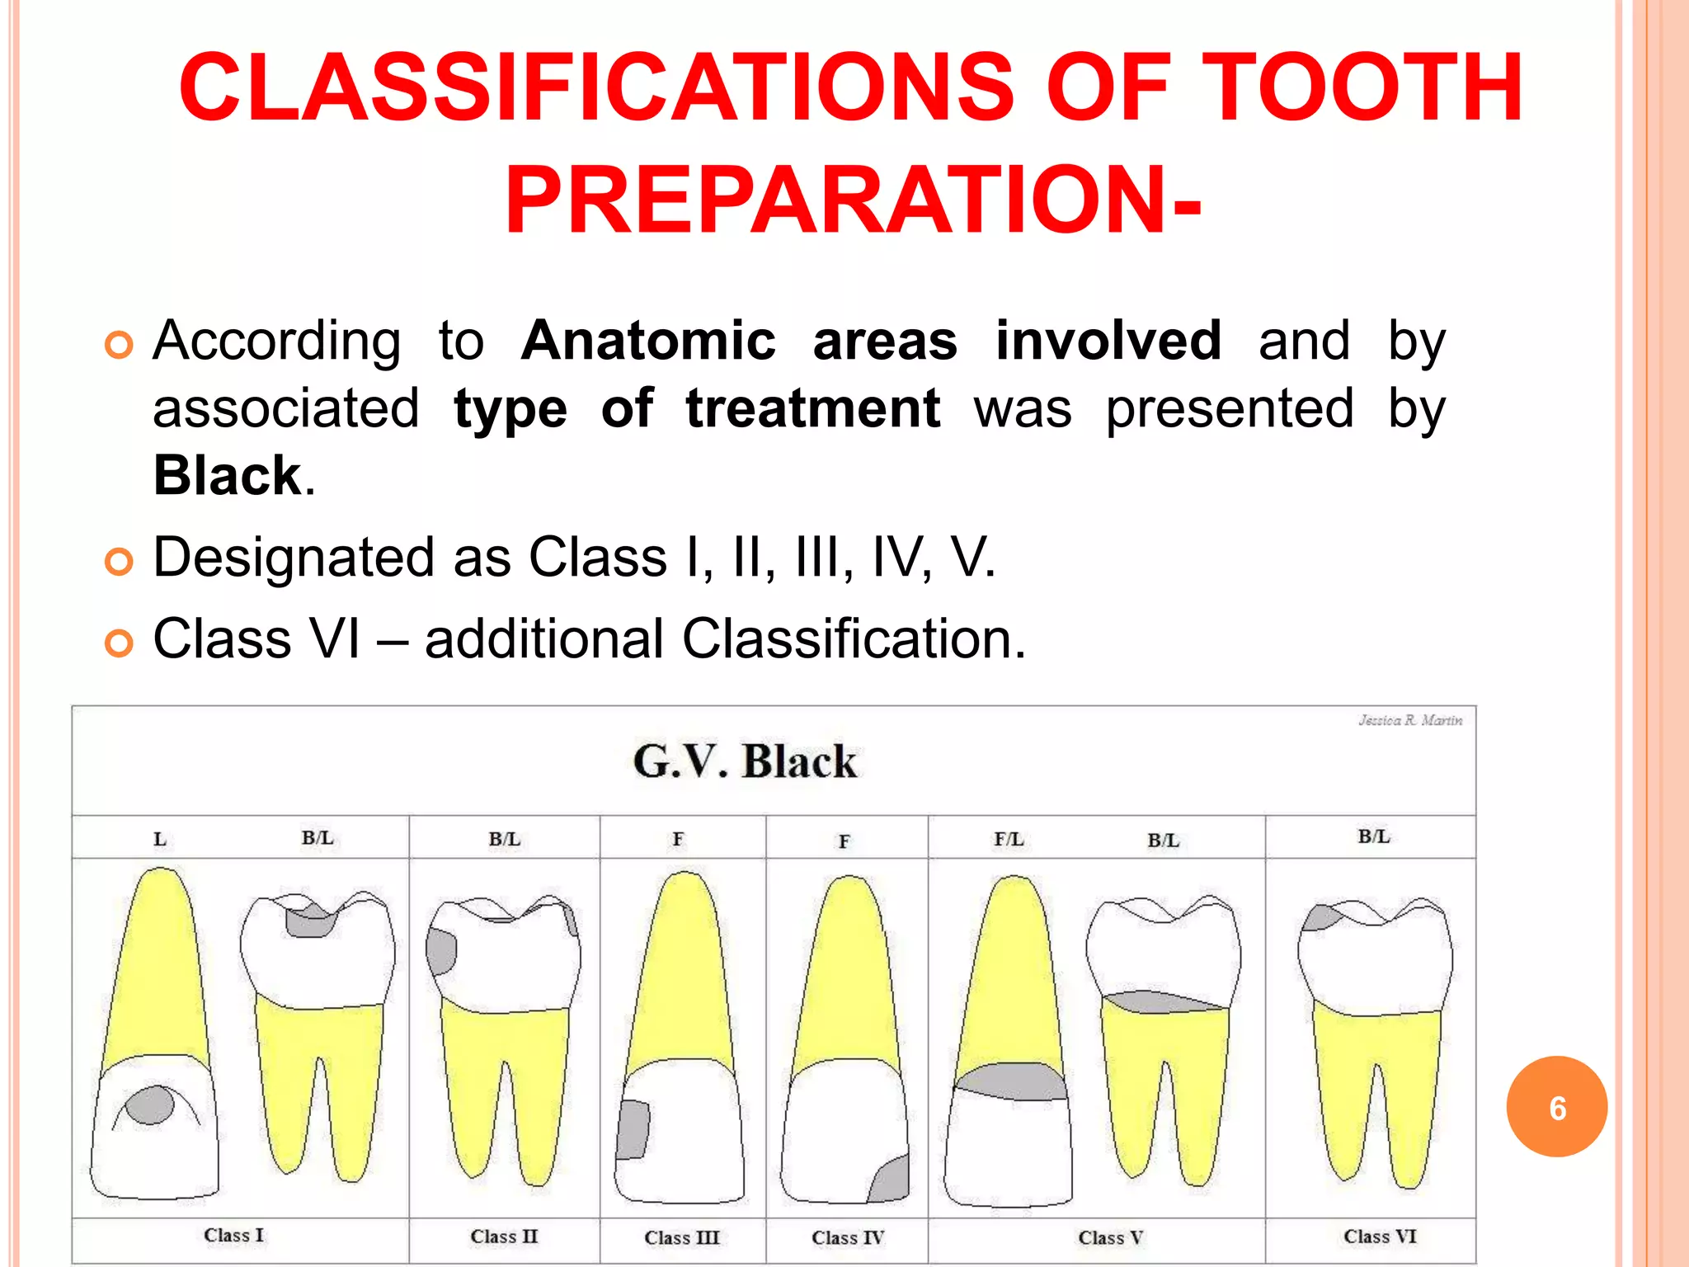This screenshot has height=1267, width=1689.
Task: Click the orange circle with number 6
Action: tap(1556, 1107)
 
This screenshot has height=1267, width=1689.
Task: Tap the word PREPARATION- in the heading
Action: tap(853, 200)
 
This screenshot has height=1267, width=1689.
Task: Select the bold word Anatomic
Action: tap(648, 341)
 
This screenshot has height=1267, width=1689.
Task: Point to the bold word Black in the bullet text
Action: tap(228, 476)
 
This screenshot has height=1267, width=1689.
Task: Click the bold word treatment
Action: tap(812, 408)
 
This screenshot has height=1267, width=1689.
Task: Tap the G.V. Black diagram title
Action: tap(745, 761)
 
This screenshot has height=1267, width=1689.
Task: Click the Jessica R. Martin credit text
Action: tap(1410, 720)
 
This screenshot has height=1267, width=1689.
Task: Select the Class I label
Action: tap(233, 1235)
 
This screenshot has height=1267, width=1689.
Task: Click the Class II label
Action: tap(504, 1236)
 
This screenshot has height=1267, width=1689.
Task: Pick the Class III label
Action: tap(682, 1237)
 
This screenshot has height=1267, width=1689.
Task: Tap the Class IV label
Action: tap(848, 1237)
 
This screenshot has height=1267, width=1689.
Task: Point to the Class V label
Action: tap(1110, 1237)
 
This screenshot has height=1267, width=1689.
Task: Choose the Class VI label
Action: tap(1380, 1236)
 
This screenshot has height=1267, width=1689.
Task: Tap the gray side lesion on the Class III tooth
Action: tap(633, 1129)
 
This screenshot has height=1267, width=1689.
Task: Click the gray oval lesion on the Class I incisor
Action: tap(151, 1105)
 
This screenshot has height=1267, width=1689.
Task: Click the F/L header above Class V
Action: tap(1009, 839)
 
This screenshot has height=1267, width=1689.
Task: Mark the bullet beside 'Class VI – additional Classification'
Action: tap(119, 643)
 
